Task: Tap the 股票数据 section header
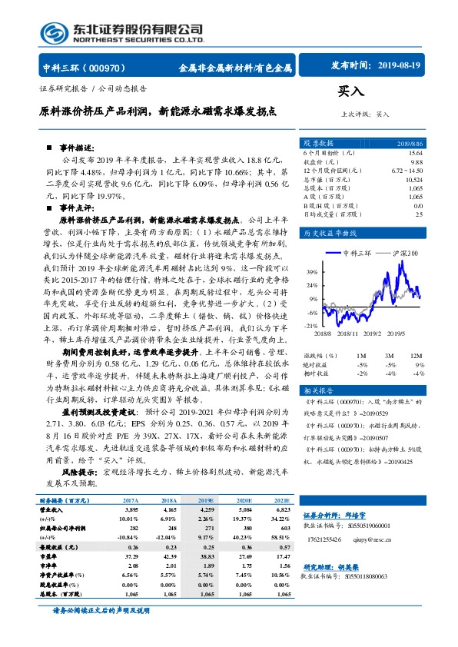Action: tap(317, 144)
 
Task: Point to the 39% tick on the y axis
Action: tap(312, 273)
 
